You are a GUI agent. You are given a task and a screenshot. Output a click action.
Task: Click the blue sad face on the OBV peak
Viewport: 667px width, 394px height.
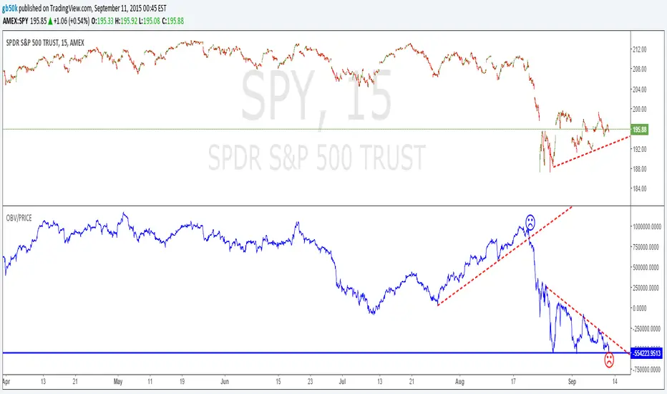click(x=530, y=222)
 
